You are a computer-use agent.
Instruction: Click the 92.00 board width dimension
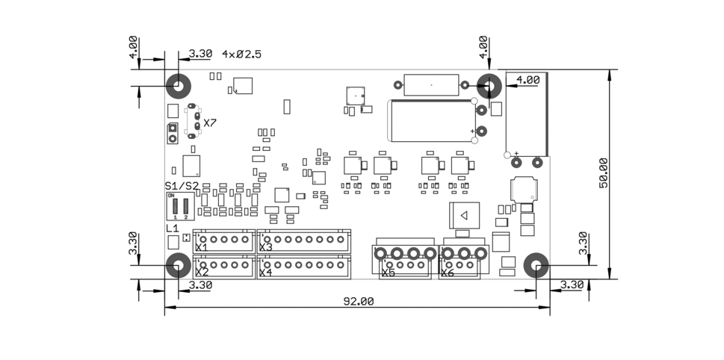[358, 302]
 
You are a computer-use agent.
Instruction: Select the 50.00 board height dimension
[604, 173]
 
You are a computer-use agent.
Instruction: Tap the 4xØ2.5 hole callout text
[241, 55]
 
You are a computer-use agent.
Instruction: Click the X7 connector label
[210, 123]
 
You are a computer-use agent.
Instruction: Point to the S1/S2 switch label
[182, 185]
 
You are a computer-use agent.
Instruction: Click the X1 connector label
[201, 247]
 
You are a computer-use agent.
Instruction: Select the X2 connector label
[201, 273]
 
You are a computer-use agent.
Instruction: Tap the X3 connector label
[265, 247]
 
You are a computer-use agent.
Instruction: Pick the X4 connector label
[265, 273]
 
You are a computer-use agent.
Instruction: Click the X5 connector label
[388, 273]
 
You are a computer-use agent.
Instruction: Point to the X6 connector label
[447, 273]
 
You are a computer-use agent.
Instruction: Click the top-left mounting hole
[179, 87]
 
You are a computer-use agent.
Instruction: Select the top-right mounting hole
[489, 87]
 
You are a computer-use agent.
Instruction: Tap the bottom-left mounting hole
[178, 265]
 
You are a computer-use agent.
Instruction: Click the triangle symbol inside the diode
[463, 216]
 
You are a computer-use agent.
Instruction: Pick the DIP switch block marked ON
[180, 205]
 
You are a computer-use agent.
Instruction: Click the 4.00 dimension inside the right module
[527, 79]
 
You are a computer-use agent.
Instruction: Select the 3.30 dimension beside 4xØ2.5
[200, 55]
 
